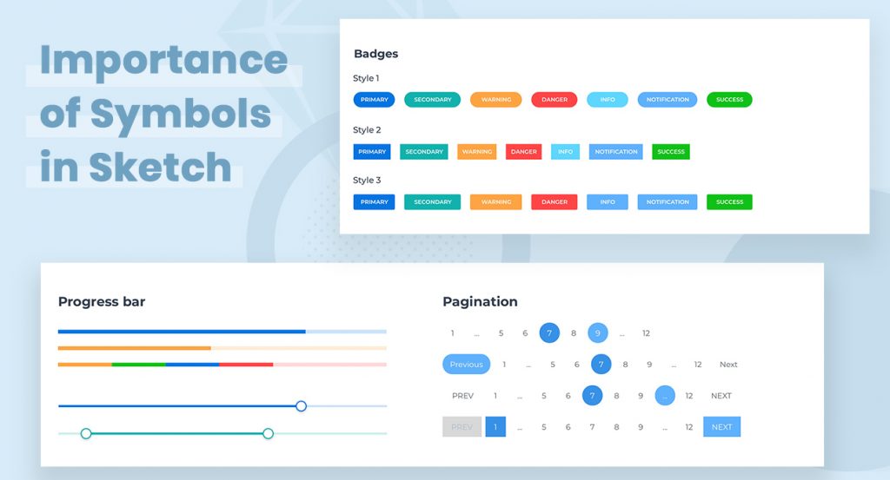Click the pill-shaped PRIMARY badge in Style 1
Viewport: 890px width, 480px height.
[374, 100]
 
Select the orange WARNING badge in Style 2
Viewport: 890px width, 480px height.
[476, 152]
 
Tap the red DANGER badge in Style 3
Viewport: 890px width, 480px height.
[555, 202]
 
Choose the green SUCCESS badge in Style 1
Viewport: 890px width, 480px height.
[729, 100]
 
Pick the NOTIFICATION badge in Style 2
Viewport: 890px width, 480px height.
[616, 152]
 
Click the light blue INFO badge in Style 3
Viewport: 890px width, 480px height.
[607, 202]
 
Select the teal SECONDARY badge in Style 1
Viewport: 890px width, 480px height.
[432, 100]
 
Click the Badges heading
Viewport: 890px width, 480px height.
[375, 54]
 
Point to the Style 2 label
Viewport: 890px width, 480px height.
[367, 130]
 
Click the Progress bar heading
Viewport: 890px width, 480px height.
[102, 302]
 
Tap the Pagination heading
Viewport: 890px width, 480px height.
[480, 302]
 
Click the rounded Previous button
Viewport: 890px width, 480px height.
[466, 365]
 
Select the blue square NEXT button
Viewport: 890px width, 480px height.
[721, 427]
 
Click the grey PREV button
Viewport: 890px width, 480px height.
[462, 427]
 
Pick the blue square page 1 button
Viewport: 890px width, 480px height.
[495, 427]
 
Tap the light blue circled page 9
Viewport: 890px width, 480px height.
[598, 332]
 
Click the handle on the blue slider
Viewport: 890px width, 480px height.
[301, 405]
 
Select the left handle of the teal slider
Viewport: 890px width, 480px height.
[86, 433]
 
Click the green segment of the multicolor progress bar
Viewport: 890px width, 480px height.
[138, 365]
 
